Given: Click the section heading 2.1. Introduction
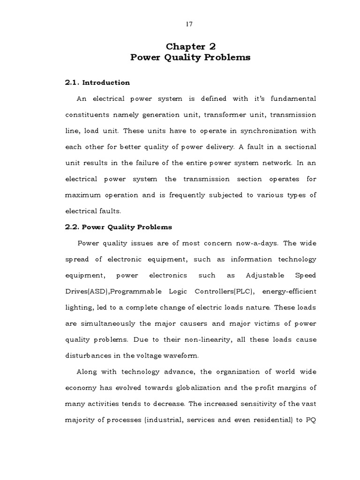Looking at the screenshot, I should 97,82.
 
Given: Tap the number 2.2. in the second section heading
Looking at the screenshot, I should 72,227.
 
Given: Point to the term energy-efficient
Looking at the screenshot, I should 289,291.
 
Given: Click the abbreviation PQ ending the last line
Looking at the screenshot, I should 310,420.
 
